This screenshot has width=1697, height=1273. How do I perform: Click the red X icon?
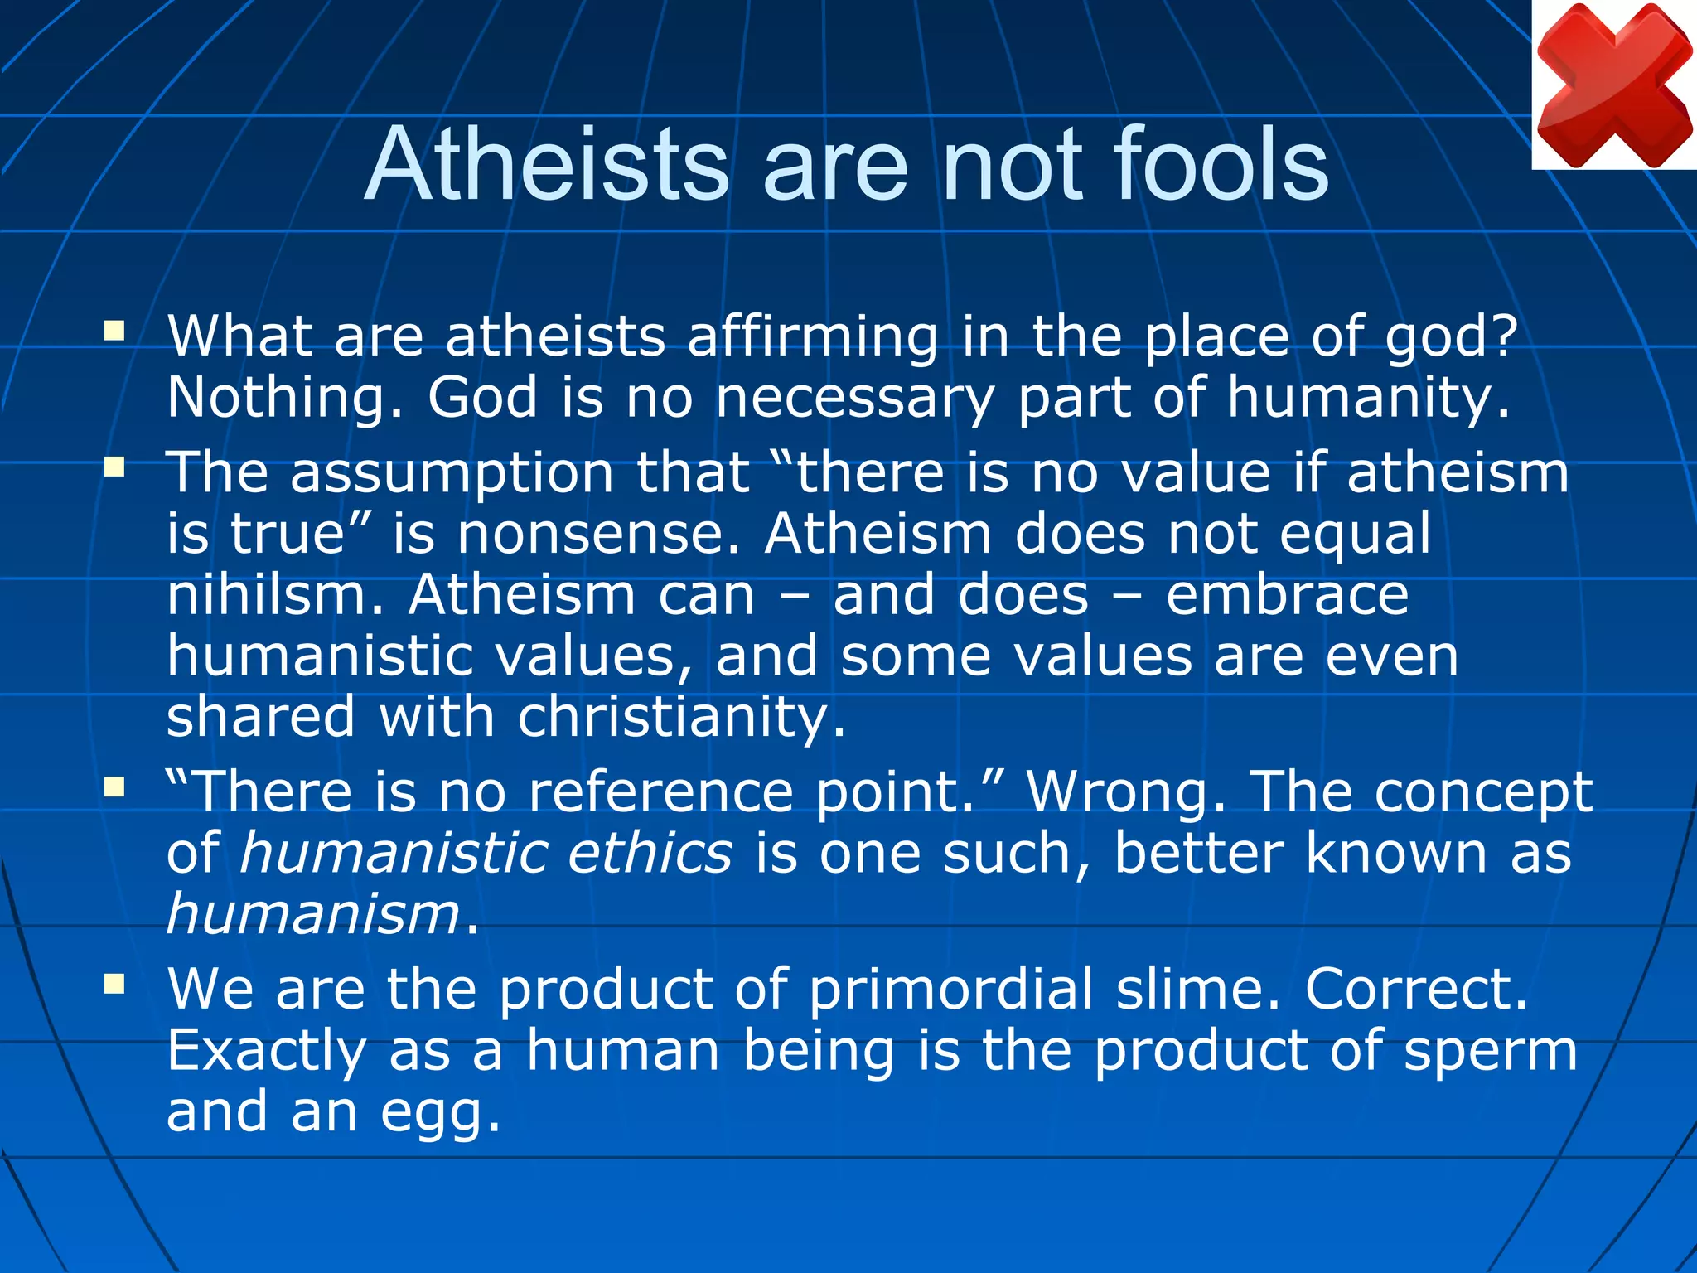[1613, 85]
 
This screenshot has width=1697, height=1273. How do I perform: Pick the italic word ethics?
[650, 854]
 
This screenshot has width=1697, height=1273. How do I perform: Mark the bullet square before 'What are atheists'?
[114, 332]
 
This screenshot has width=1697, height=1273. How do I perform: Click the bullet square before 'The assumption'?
[114, 467]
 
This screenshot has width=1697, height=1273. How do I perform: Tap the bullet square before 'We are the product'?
[114, 984]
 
